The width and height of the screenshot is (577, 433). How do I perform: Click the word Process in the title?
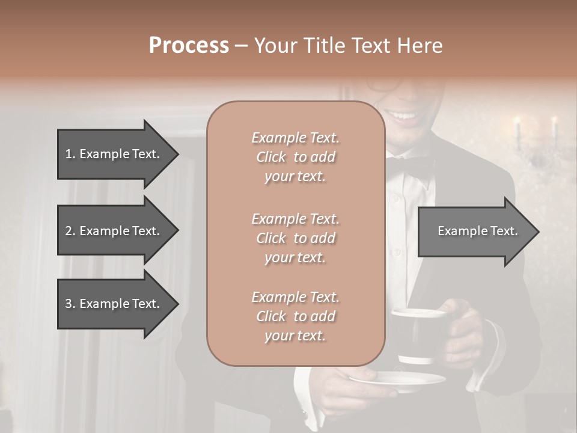point(189,46)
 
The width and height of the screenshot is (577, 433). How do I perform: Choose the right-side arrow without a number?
point(477,231)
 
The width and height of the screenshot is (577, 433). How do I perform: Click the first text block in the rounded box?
point(295,157)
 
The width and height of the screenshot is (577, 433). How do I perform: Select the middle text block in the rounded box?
point(295,238)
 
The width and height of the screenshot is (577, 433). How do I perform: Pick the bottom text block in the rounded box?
point(295,316)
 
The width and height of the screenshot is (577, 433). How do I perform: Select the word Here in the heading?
point(420,46)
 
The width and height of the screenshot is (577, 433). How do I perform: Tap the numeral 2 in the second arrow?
point(69,231)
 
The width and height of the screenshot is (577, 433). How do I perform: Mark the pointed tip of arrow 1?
point(177,154)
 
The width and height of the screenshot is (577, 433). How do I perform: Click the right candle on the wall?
point(554,129)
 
